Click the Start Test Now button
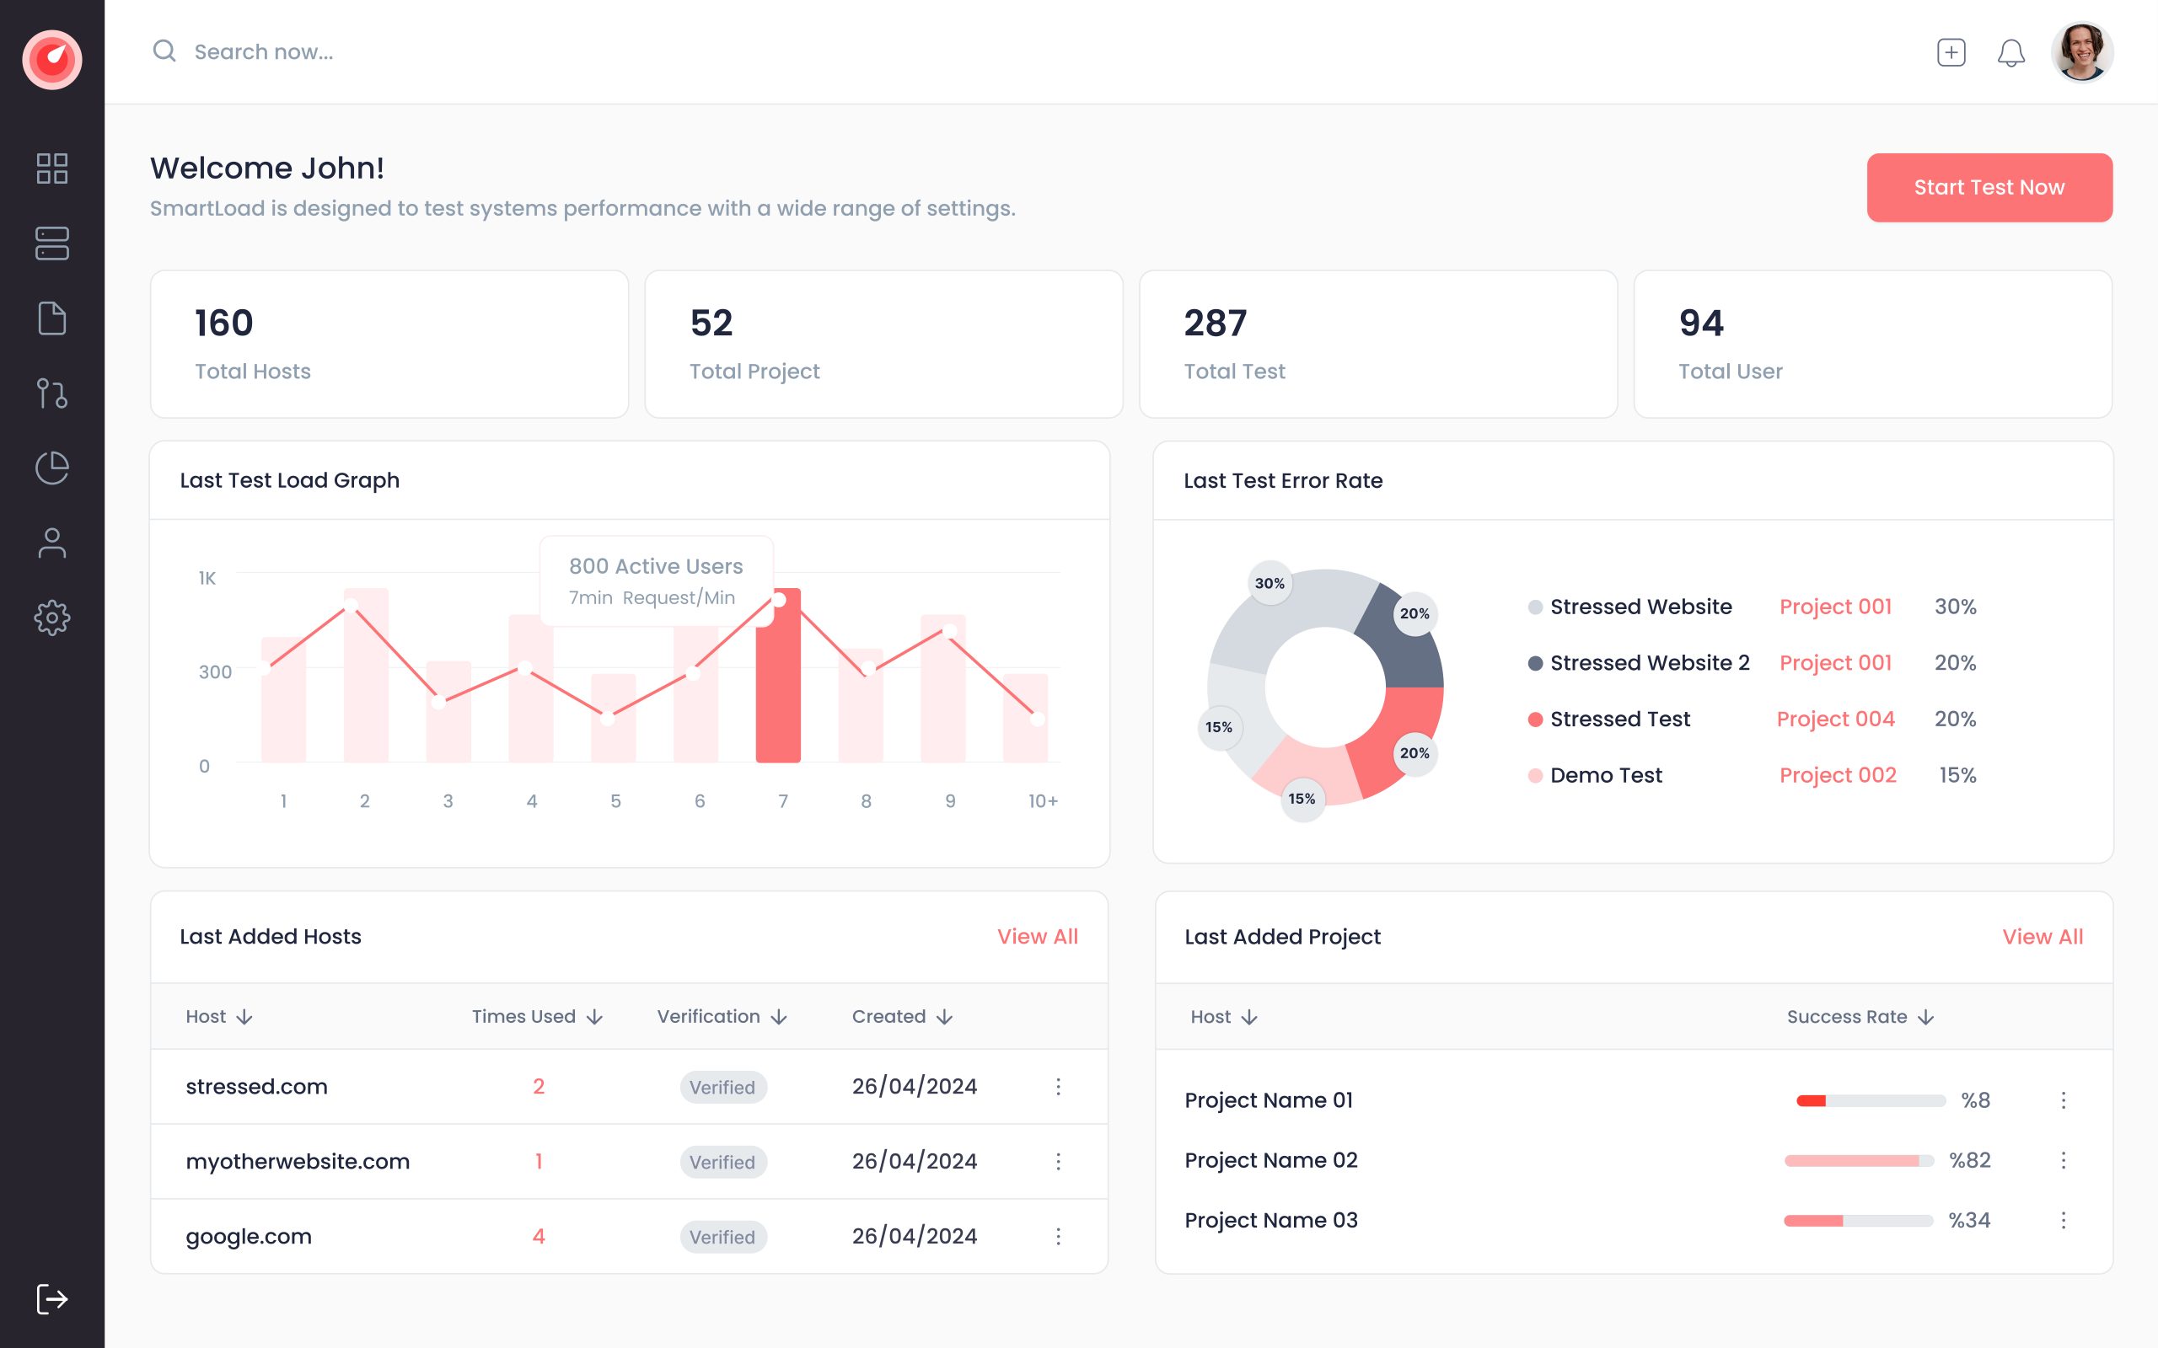[1989, 187]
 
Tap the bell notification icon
[2010, 52]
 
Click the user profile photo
[2081, 51]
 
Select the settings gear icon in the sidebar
[51, 617]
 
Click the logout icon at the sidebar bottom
[51, 1298]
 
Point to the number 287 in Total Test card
[1215, 323]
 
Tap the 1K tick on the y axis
[207, 579]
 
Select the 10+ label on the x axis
[1043, 800]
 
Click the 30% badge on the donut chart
[1269, 583]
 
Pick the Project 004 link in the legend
[1835, 719]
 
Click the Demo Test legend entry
[1605, 775]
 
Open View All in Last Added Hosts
[1037, 936]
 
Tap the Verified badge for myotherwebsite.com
[722, 1162]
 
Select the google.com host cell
[249, 1236]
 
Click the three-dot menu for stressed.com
[1058, 1086]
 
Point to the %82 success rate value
[1969, 1160]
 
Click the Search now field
[264, 51]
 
